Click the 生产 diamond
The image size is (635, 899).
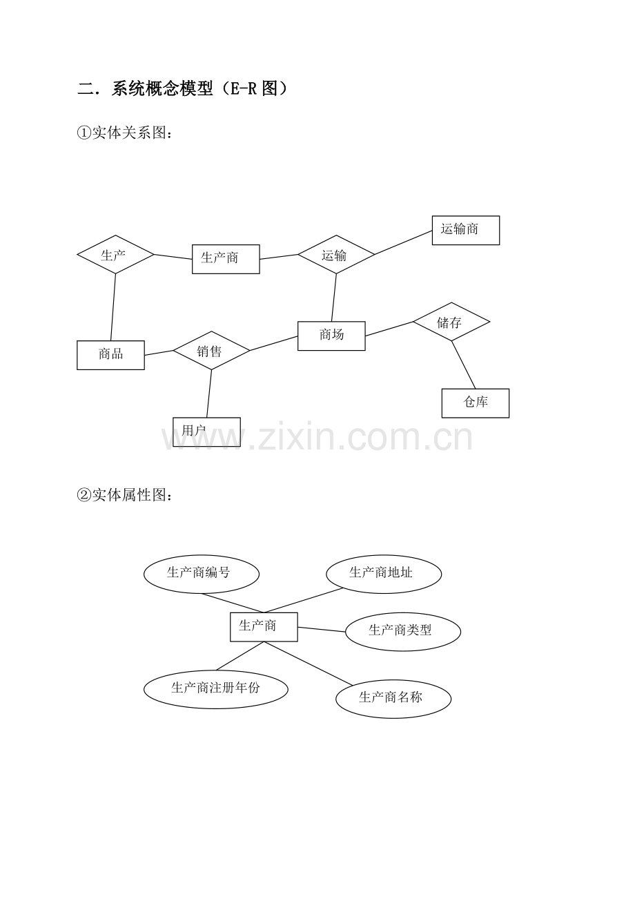[115, 255]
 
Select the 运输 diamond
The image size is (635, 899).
[336, 255]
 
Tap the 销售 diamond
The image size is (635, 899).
[211, 350]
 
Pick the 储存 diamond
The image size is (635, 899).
[451, 322]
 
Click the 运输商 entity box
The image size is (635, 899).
[466, 231]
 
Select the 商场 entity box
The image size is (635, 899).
[331, 336]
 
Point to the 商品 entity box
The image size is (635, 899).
[110, 355]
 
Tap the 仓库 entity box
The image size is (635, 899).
[476, 403]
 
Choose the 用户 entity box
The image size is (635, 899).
[206, 432]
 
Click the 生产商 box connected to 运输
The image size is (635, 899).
[226, 259]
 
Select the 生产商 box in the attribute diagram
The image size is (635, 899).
[264, 627]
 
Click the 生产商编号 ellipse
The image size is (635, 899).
[202, 574]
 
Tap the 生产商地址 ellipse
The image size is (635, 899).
[384, 574]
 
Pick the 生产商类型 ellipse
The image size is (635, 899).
[403, 632]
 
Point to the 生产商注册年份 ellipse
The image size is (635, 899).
[216, 690]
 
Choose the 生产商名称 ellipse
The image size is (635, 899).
[393, 699]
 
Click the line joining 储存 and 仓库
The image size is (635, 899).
[463, 365]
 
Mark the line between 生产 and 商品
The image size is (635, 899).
[113, 307]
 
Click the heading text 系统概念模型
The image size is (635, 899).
[162, 88]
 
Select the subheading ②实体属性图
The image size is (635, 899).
[124, 495]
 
